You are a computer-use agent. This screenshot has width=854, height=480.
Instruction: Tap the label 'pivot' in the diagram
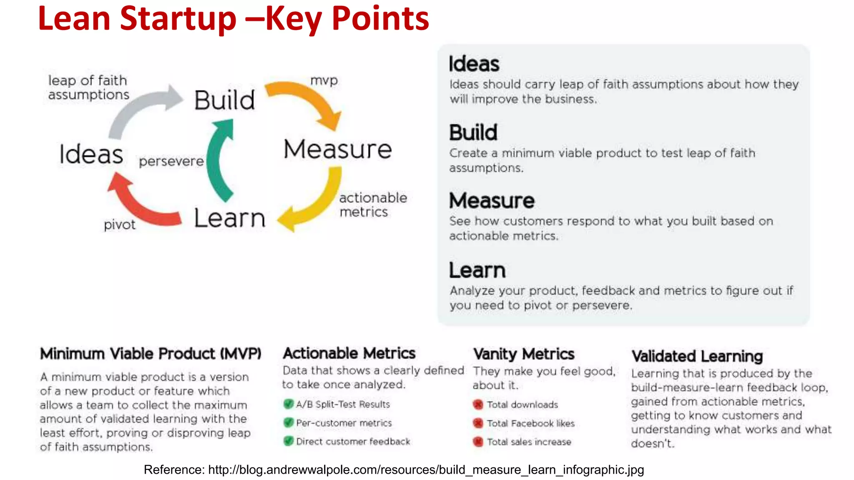pyautogui.click(x=119, y=225)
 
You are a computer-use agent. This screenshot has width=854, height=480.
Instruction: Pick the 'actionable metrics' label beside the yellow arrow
pyautogui.click(x=372, y=205)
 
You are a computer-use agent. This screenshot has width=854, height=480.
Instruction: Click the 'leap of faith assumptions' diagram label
pyautogui.click(x=88, y=87)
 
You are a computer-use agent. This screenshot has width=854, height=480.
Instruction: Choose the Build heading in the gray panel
pyautogui.click(x=473, y=132)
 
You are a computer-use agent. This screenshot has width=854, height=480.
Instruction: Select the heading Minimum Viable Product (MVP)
pyautogui.click(x=151, y=354)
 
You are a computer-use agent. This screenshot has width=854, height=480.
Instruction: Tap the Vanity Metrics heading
pyautogui.click(x=524, y=354)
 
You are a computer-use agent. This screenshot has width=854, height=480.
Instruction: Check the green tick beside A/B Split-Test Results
pyautogui.click(x=288, y=404)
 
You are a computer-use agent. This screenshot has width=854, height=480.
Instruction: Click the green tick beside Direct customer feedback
pyautogui.click(x=288, y=441)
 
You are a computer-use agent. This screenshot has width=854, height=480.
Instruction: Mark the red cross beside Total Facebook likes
pyautogui.click(x=478, y=423)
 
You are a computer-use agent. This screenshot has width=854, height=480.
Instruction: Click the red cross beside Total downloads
pyautogui.click(x=478, y=404)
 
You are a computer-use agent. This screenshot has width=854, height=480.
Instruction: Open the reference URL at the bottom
pyautogui.click(x=426, y=470)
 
